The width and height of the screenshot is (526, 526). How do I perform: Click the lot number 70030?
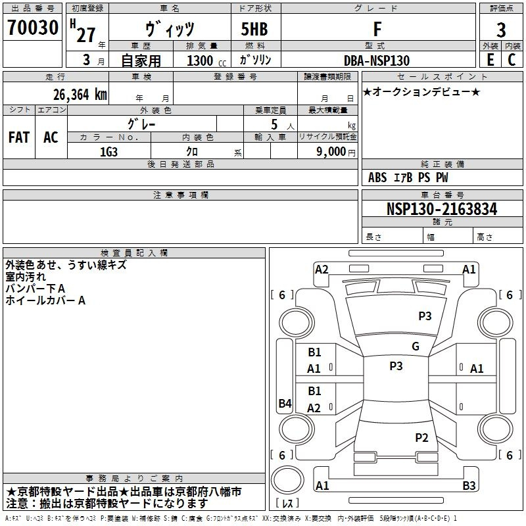click(x=32, y=28)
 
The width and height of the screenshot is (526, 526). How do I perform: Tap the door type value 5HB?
click(x=254, y=30)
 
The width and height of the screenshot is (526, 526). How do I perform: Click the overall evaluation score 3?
click(x=501, y=30)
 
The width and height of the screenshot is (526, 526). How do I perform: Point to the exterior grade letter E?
click(x=490, y=60)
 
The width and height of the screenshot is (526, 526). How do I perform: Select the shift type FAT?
click(x=18, y=137)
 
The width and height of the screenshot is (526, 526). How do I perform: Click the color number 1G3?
click(x=108, y=151)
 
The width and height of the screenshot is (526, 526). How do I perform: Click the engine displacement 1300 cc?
click(x=204, y=60)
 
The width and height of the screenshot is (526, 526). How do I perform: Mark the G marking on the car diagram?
click(x=415, y=347)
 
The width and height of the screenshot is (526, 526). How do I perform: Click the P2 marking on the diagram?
click(x=421, y=437)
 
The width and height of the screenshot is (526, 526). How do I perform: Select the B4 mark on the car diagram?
click(x=285, y=404)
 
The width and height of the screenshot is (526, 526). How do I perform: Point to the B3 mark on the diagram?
click(x=469, y=486)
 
